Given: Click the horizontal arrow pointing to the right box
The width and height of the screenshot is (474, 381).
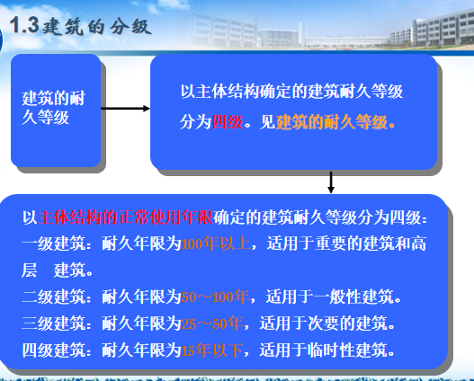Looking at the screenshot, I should click(125, 109).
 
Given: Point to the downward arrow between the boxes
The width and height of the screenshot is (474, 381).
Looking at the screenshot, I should click(331, 182).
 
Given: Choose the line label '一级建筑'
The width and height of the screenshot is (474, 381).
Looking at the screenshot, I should click(52, 243).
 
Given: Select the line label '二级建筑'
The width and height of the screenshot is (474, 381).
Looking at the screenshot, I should click(52, 296).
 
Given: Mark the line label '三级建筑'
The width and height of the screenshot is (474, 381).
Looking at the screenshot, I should click(52, 322).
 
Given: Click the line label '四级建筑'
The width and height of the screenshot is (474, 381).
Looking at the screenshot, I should click(52, 349).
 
